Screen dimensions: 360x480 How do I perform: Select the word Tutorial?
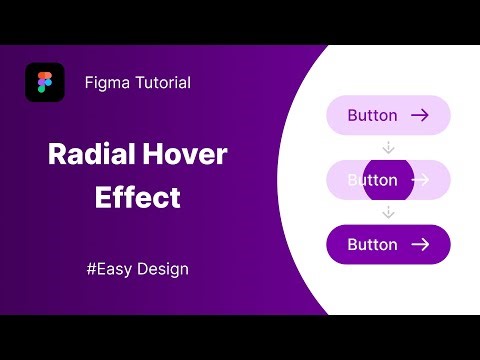click(x=160, y=83)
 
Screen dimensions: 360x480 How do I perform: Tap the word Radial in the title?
click(x=92, y=155)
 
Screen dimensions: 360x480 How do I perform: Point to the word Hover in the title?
click(x=186, y=155)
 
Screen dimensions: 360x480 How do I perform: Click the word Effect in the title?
click(x=137, y=197)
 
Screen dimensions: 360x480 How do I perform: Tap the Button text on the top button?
click(x=372, y=115)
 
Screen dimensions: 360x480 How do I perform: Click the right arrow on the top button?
click(x=420, y=115)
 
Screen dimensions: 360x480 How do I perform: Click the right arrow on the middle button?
click(x=420, y=180)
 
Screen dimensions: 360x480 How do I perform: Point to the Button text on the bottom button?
click(x=372, y=244)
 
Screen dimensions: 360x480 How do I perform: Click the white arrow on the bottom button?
click(x=420, y=244)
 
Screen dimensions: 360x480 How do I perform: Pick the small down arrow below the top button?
click(x=389, y=147)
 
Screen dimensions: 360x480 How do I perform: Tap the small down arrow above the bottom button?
click(x=389, y=212)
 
